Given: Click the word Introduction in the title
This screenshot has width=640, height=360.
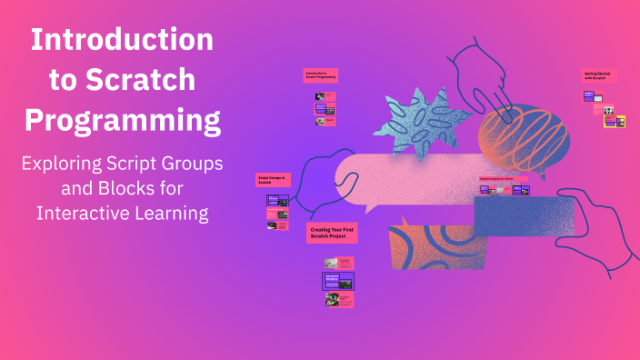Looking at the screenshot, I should tap(122, 41).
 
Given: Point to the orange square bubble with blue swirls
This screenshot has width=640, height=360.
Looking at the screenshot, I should tap(432, 245).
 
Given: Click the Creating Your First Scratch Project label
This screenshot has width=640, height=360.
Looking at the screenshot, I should tap(333, 234).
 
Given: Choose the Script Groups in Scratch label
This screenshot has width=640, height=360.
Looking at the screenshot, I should tap(272, 180).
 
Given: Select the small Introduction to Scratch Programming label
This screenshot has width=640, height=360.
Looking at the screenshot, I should tap(321, 75).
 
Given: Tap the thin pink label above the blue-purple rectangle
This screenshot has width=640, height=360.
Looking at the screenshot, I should tap(504, 179).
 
